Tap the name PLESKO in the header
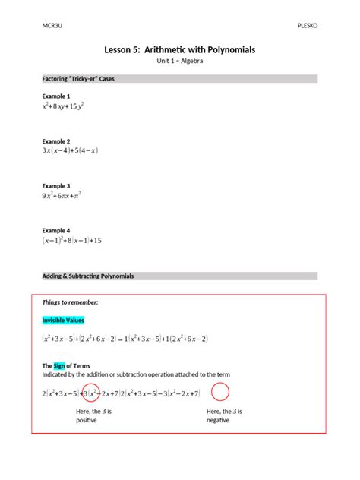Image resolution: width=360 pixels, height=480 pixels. pos(307,25)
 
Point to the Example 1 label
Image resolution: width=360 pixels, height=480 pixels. pos(56,96)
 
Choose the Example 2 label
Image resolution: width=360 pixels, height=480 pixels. pos(56,141)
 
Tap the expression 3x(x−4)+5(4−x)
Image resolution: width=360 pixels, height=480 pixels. pos(71,151)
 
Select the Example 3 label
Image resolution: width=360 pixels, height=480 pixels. pos(56,185)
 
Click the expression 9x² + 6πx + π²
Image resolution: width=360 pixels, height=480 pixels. pos(62,196)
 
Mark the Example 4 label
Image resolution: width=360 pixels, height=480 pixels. pos(56,230)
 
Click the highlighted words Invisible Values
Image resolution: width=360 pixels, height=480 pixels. pos(63,321)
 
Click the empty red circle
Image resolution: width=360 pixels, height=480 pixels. pos(220,392)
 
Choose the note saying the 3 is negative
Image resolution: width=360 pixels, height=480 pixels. pos(224,415)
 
